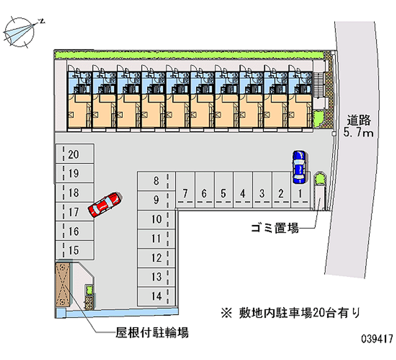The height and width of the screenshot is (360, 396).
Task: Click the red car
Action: (105, 205)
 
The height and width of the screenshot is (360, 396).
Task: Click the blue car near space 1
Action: (299, 167)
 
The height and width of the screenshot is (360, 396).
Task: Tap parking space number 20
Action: (75, 154)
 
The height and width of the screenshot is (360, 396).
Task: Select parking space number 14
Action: (156, 296)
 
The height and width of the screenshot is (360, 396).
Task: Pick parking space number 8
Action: (156, 181)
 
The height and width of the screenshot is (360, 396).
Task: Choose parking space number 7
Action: (185, 190)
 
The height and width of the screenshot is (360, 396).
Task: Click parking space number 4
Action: (243, 190)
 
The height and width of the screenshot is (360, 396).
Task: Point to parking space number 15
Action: (75, 250)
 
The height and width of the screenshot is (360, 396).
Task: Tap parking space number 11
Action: (156, 239)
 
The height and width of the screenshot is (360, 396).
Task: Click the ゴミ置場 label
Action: (275, 228)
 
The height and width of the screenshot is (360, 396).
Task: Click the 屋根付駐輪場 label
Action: (152, 332)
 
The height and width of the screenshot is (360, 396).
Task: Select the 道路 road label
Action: (358, 120)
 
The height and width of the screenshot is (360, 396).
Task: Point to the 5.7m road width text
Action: (358, 132)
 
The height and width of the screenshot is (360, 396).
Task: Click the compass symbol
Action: (20, 32)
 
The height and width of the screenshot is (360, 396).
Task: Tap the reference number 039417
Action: (377, 339)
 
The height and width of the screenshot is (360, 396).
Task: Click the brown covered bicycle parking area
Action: (62, 284)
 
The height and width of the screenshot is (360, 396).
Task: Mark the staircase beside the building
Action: (318, 85)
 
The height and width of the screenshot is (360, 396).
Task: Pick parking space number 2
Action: (281, 190)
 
